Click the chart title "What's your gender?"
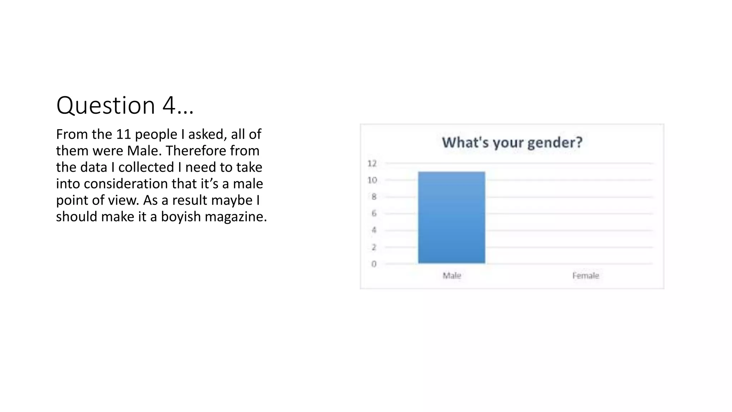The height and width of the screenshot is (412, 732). click(x=512, y=142)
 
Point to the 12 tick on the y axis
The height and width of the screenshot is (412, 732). click(x=372, y=163)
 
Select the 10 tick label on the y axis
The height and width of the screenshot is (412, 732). click(x=372, y=180)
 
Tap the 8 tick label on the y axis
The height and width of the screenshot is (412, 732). click(x=374, y=197)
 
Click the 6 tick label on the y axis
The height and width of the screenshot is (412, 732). click(x=374, y=214)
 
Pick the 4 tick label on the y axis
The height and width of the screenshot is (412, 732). click(x=374, y=230)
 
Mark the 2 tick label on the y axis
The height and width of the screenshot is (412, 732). click(x=374, y=247)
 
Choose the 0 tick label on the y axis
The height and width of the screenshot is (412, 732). click(x=374, y=264)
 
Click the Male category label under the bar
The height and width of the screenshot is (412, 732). click(x=452, y=275)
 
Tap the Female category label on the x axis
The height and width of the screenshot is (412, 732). click(x=585, y=275)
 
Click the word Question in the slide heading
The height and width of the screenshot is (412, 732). click(x=105, y=106)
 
